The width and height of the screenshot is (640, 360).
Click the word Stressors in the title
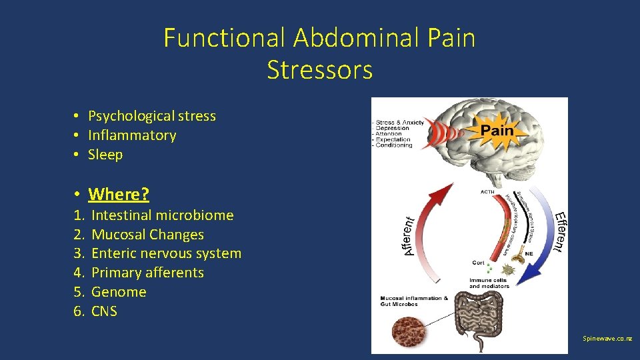[x=319, y=69]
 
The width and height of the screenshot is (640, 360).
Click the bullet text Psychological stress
[x=152, y=116]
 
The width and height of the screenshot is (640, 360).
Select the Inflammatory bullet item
[x=132, y=135]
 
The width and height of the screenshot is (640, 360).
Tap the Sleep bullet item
[x=105, y=155]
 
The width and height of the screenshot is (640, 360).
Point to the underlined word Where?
[x=119, y=194]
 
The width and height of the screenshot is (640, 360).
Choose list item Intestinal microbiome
[x=162, y=215]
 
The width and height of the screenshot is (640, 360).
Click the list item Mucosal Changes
[x=147, y=235]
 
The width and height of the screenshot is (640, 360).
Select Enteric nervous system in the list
[x=166, y=253]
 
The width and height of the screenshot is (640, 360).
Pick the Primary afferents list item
[x=147, y=273]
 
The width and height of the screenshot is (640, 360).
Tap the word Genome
[x=119, y=292]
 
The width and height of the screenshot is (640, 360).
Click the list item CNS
[x=104, y=311]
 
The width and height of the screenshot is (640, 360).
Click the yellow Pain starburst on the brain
[x=497, y=131]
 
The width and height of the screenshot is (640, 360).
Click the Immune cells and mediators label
[x=489, y=283]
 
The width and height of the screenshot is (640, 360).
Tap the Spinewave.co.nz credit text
[x=607, y=339]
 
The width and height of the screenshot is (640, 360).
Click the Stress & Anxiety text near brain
[x=401, y=123]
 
